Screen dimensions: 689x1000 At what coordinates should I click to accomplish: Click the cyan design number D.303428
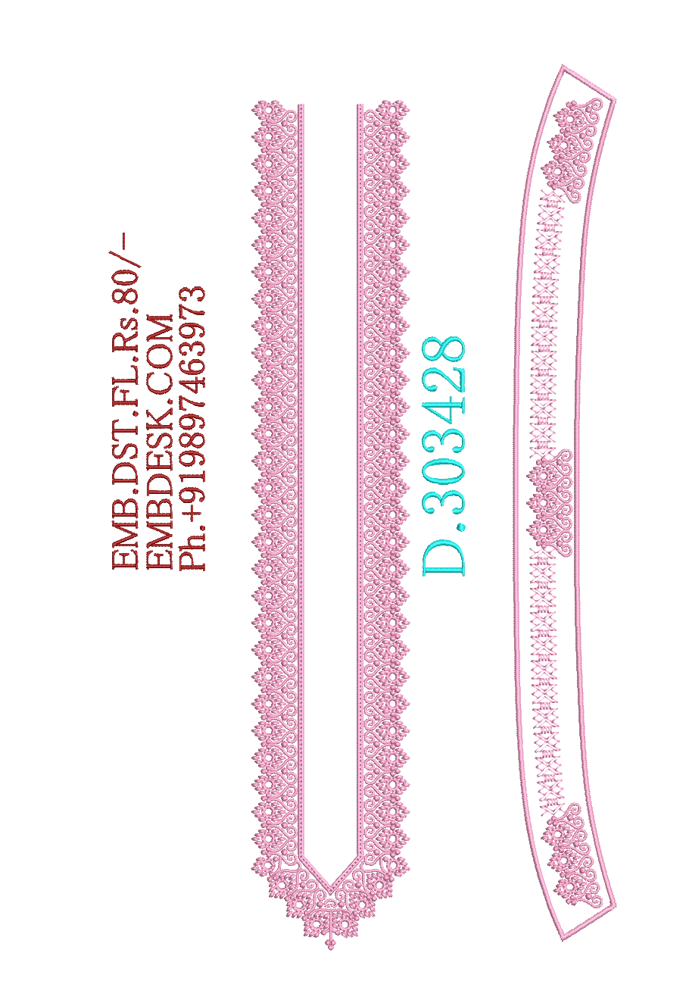(444, 455)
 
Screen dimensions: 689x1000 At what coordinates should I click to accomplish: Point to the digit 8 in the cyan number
(444, 352)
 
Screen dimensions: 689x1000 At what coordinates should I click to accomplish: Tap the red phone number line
(192, 428)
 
